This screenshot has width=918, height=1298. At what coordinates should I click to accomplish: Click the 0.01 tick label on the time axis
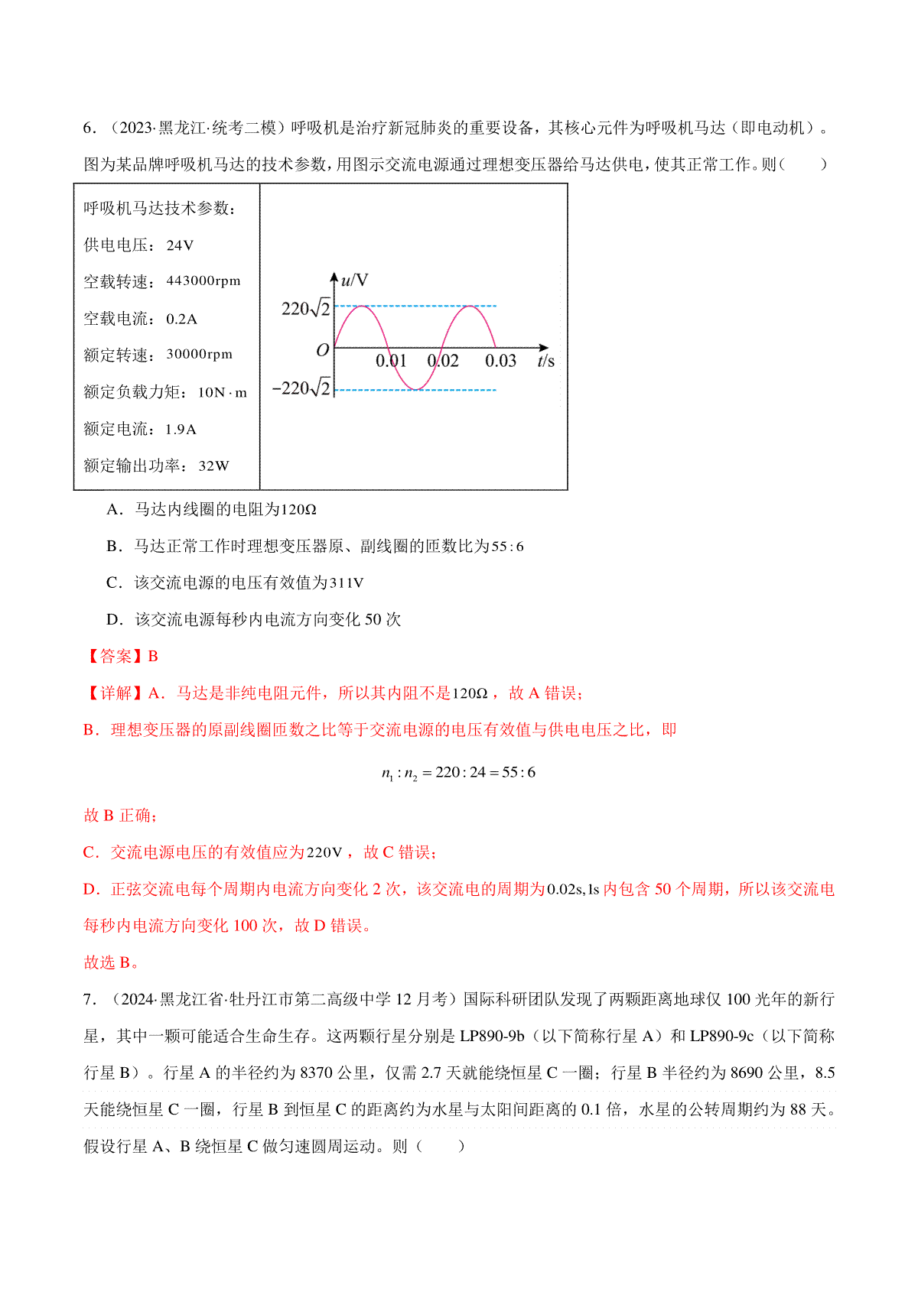point(391,361)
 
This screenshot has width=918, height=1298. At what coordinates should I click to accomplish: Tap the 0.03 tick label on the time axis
point(500,361)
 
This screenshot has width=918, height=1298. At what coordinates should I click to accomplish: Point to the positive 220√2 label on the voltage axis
point(306,309)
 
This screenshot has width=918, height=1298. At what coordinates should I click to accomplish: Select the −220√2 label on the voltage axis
point(302,388)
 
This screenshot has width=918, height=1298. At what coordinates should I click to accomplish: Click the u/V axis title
point(354,281)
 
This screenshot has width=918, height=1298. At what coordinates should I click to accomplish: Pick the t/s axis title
point(545,361)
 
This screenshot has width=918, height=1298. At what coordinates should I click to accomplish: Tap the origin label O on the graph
point(322,350)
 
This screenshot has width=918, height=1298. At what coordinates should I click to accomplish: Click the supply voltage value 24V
point(180,245)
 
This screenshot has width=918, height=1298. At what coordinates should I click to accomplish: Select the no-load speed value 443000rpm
point(203,281)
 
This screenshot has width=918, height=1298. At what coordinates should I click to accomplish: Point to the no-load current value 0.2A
point(181,319)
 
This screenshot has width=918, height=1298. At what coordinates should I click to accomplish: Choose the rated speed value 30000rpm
point(199,355)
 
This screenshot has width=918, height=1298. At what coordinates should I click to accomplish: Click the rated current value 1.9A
point(181,430)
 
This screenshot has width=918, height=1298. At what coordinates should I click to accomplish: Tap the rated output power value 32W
point(213,466)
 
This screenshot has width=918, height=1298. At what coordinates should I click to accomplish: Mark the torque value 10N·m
point(222,393)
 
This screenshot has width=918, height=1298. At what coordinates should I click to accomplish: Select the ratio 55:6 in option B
point(507,547)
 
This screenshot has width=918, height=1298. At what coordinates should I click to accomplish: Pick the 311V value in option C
point(347,583)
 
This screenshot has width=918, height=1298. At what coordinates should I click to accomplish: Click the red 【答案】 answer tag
point(114,657)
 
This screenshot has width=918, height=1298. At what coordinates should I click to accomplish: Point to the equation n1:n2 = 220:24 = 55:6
point(458,773)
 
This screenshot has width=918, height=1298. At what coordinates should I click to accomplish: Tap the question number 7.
point(89,999)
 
